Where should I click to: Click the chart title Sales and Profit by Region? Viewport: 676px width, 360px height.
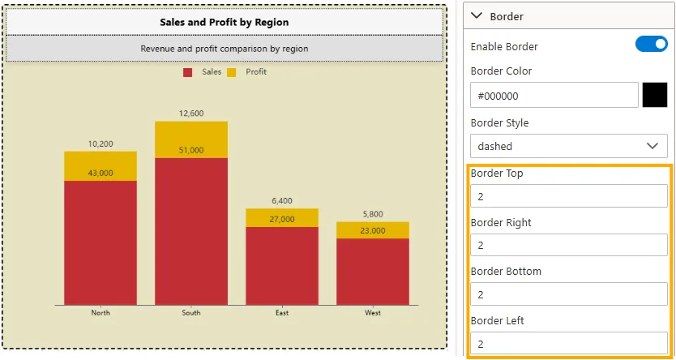pos(224,22)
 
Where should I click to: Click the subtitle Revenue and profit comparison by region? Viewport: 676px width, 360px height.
pos(224,49)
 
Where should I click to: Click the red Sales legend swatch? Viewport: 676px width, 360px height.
pos(188,72)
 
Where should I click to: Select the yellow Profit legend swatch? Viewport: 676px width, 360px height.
pos(231,72)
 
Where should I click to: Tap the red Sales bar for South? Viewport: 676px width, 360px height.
pos(191,235)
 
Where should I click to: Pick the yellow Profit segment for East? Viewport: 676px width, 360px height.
pos(282,217)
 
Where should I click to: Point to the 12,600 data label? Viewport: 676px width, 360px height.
pos(191,114)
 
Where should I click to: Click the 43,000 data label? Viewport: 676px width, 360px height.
pos(101,173)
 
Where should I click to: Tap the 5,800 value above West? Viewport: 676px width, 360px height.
pos(373,214)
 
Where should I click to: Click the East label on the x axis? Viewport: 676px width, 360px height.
pos(282,313)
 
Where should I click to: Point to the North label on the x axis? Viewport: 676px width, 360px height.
pos(101,313)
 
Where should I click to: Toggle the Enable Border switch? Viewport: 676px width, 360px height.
pos(651,45)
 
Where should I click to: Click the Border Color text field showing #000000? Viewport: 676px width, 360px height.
pos(554,96)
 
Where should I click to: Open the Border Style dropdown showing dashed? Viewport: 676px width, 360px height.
pos(568,146)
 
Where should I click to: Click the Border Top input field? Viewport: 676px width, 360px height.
pos(568,196)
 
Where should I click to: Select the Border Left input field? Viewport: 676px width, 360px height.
pos(568,344)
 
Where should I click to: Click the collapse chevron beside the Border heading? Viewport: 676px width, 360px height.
pos(477,16)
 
